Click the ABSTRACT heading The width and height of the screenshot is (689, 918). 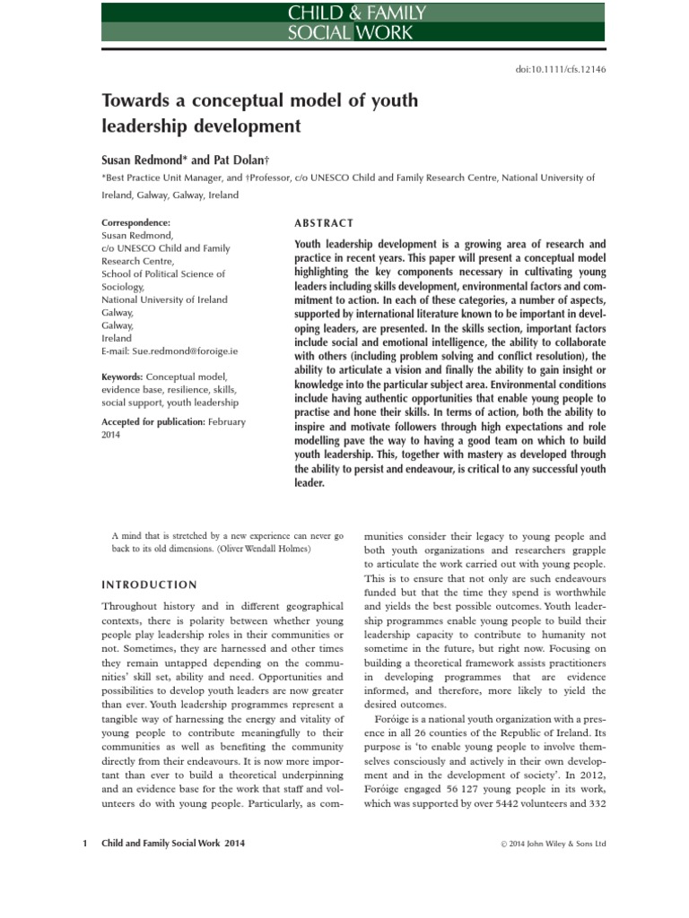click(324, 223)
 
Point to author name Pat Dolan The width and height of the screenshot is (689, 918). click(232, 158)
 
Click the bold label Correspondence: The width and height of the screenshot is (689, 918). click(136, 222)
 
